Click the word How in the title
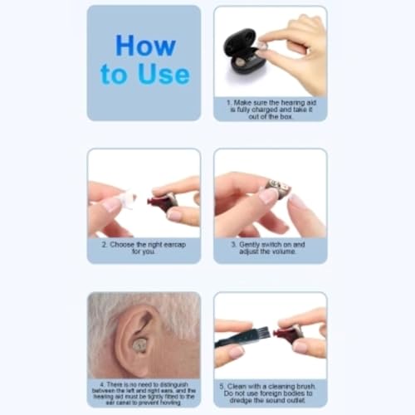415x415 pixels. (145, 45)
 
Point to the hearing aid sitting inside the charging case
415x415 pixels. (241, 61)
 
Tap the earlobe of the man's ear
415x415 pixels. (138, 365)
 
